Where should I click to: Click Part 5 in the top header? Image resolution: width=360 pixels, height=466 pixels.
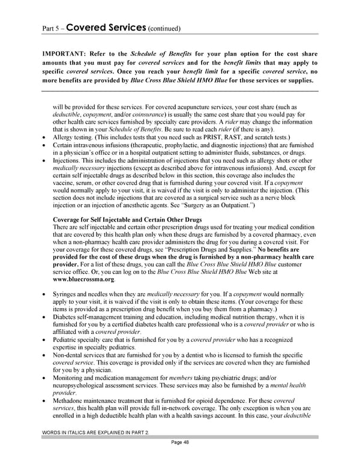[x=50, y=28]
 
